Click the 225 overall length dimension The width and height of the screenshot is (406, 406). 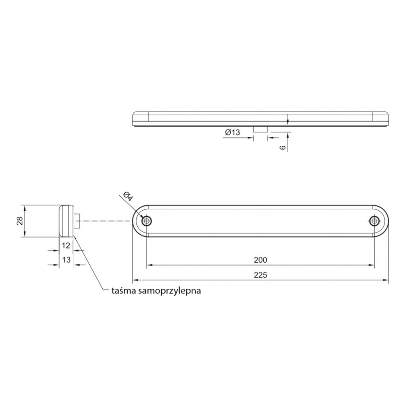260,274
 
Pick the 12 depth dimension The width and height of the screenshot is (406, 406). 66,245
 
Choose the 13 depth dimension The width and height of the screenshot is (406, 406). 66,259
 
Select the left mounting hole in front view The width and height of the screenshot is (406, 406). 147,221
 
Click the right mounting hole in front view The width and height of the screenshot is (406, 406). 374,221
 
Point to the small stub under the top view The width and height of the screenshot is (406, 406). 260,129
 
